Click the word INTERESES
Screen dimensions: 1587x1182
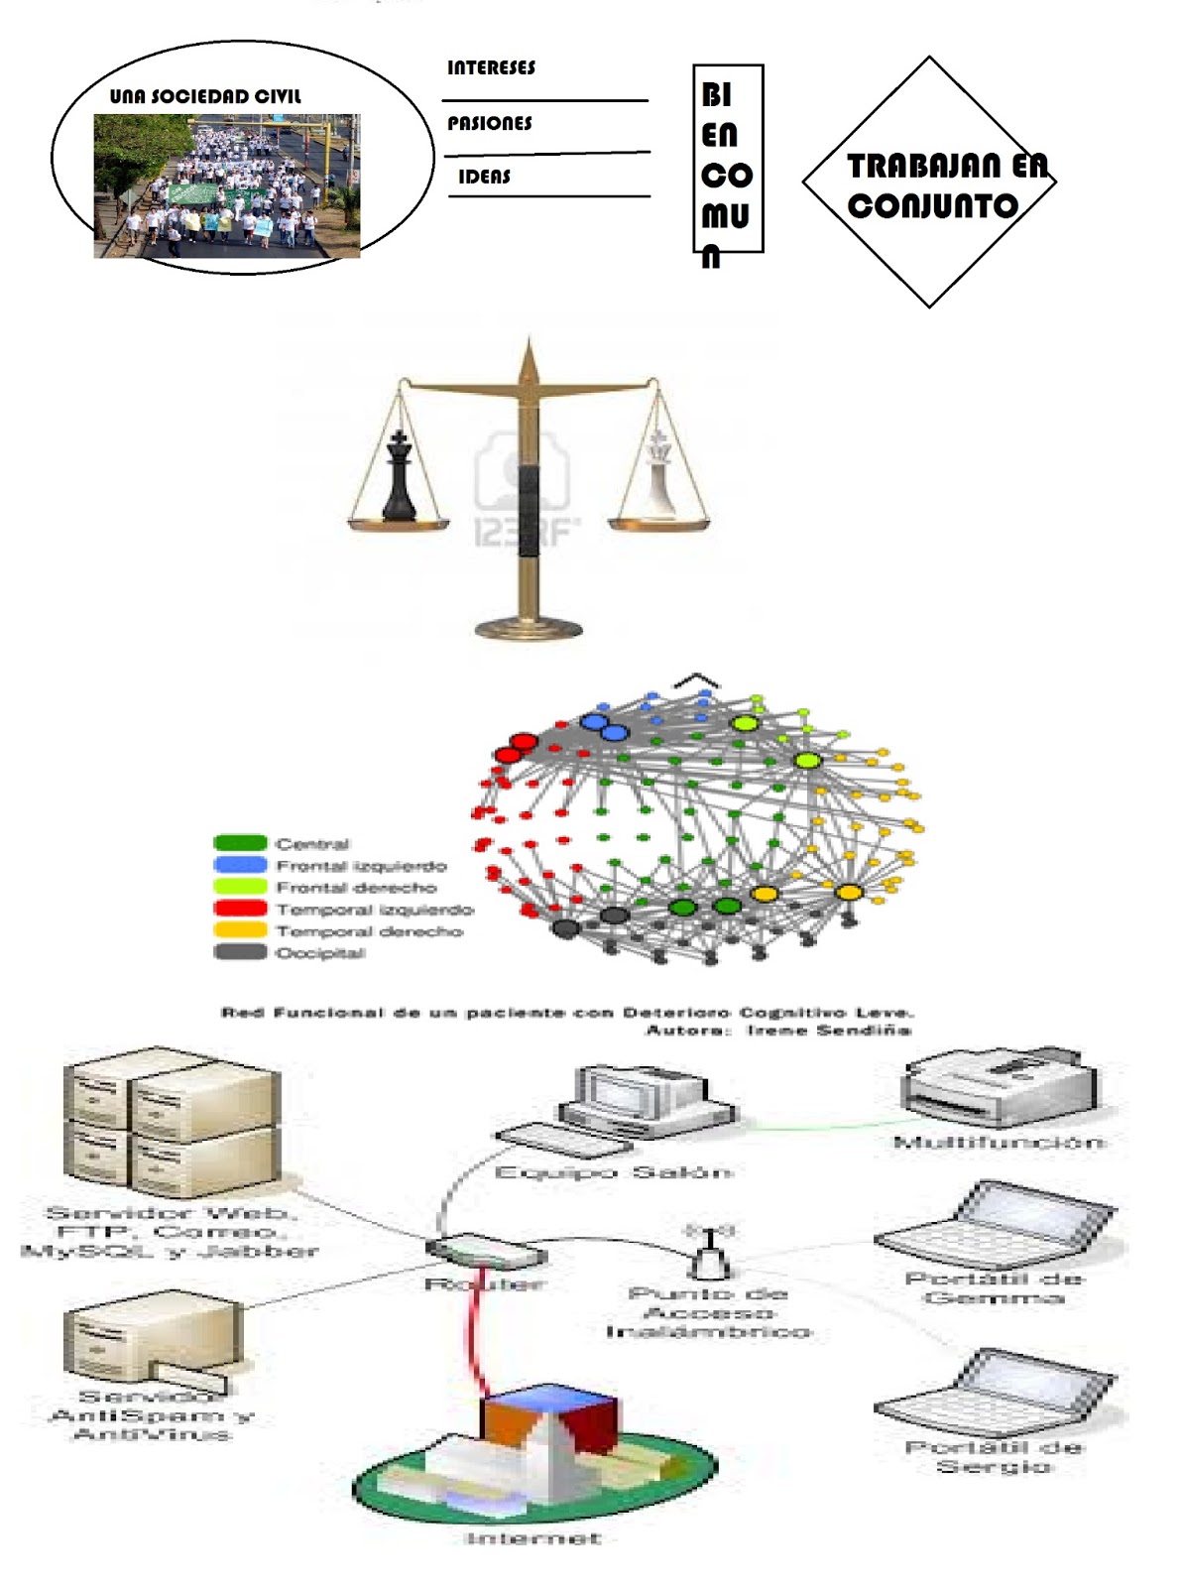point(491,68)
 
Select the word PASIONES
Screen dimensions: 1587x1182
point(489,124)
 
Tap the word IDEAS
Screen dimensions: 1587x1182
point(484,178)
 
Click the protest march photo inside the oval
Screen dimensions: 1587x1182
point(226,185)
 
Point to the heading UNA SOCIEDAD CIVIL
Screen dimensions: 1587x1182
point(205,96)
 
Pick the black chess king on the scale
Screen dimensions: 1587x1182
point(399,477)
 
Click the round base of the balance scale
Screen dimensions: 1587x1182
point(529,627)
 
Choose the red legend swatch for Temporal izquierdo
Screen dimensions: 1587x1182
point(240,909)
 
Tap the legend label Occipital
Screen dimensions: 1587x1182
point(320,953)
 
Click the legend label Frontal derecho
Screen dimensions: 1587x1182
point(356,888)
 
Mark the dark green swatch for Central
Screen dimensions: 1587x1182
point(240,843)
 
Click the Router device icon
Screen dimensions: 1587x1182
point(486,1252)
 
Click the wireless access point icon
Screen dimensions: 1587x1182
point(710,1252)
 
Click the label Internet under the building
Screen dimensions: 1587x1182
point(533,1538)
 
